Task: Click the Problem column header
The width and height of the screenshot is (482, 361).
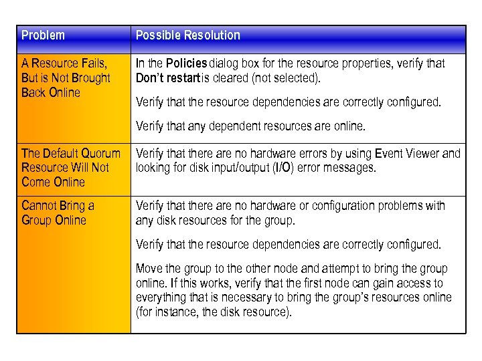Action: click(x=43, y=35)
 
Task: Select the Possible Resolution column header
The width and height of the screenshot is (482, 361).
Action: click(x=187, y=35)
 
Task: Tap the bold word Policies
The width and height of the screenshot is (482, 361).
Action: click(x=187, y=64)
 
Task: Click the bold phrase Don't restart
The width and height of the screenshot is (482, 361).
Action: click(x=167, y=78)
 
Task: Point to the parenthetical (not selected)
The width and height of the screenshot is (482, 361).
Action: click(x=287, y=78)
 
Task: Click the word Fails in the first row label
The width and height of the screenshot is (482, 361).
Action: click(x=93, y=64)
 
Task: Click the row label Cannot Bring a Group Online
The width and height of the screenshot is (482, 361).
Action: click(x=58, y=213)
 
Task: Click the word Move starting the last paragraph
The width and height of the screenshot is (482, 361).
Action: click(x=149, y=268)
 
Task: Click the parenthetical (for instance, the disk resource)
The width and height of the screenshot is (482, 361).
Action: click(x=214, y=312)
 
